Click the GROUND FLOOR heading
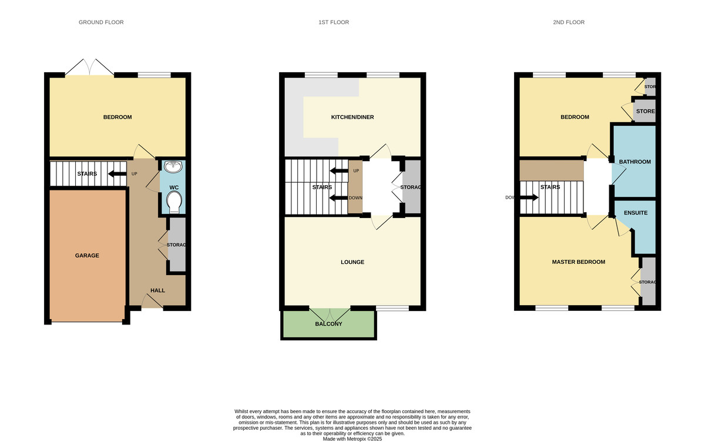coord(101,22)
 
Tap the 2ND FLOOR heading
coord(569,22)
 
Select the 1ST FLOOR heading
coord(334,22)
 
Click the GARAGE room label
coord(87,256)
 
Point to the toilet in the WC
coord(173,203)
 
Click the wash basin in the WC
coord(173,168)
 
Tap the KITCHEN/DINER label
coord(352,118)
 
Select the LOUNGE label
coord(352,262)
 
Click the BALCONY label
coord(328,324)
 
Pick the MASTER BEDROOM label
coord(578,262)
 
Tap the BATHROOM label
coord(634,162)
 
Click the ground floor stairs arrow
coord(117,173)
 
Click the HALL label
coord(157,290)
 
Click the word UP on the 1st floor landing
coord(355,171)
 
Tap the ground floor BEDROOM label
coord(117,118)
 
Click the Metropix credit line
coord(352,438)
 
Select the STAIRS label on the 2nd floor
coord(550,187)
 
